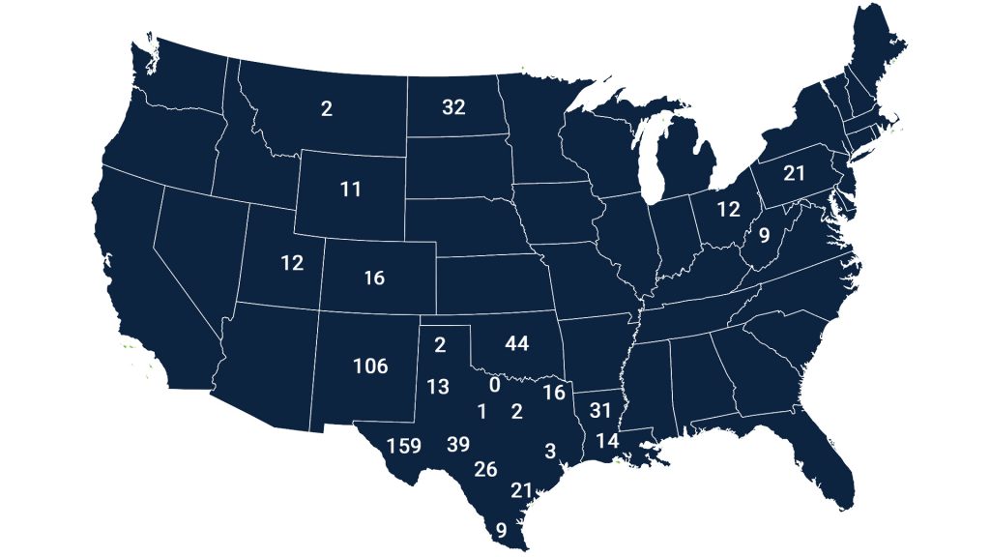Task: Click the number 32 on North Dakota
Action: pyautogui.click(x=453, y=107)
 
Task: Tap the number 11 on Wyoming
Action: pyautogui.click(x=350, y=190)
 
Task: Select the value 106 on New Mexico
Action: pyautogui.click(x=369, y=366)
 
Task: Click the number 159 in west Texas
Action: pyautogui.click(x=404, y=446)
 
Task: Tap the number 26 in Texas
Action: pyautogui.click(x=485, y=470)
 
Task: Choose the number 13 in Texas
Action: pyautogui.click(x=438, y=387)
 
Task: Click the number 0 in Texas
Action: pyautogui.click(x=494, y=385)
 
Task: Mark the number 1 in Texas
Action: pyautogui.click(x=481, y=411)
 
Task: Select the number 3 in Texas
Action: pyautogui.click(x=550, y=451)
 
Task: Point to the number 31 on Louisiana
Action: pyautogui.click(x=600, y=410)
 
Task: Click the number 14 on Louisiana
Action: pyautogui.click(x=606, y=441)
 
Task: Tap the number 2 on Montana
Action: pyautogui.click(x=327, y=109)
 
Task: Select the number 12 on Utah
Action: pyautogui.click(x=292, y=262)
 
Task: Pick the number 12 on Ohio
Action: pyautogui.click(x=728, y=209)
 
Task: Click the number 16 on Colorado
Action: pyautogui.click(x=374, y=278)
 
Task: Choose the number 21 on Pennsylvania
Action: pyautogui.click(x=795, y=174)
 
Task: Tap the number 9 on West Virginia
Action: pyautogui.click(x=763, y=235)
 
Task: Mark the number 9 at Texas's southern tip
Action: pyautogui.click(x=501, y=529)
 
